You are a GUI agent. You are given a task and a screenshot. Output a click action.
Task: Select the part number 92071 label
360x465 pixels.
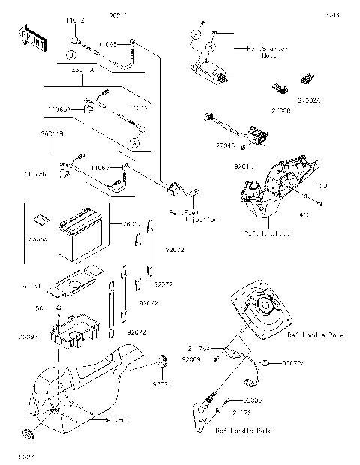(162, 384)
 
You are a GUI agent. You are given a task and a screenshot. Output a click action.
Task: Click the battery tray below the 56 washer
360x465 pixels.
(75, 331)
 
